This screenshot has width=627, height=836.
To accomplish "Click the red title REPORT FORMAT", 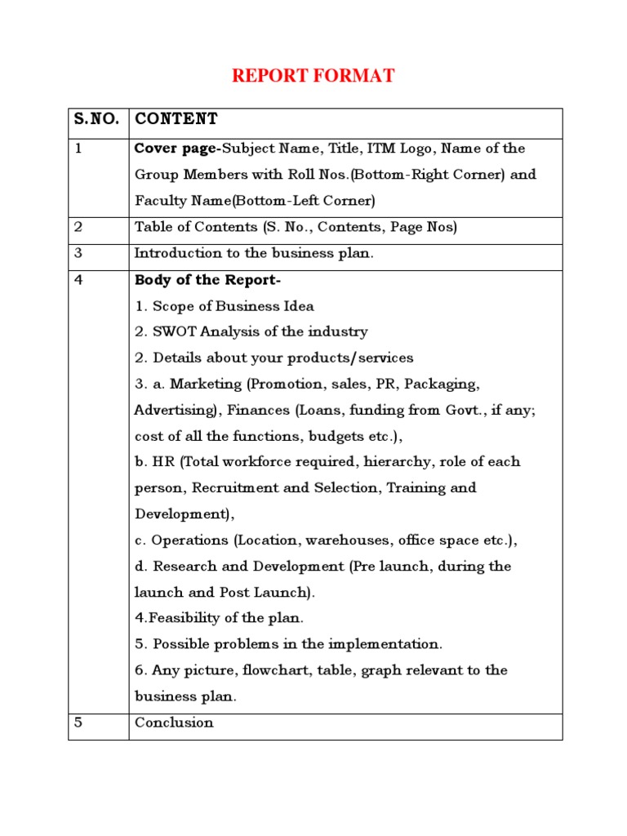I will coord(313,77).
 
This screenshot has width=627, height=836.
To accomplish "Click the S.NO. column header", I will coord(98,120).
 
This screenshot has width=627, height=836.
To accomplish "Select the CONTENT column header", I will coord(176,120).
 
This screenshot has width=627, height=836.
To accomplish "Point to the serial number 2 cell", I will coord(79,227).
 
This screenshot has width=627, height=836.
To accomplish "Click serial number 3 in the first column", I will coord(79,253).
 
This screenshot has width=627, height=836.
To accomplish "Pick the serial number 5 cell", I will coord(79,723).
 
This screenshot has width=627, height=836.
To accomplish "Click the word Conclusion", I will coord(174,723).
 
